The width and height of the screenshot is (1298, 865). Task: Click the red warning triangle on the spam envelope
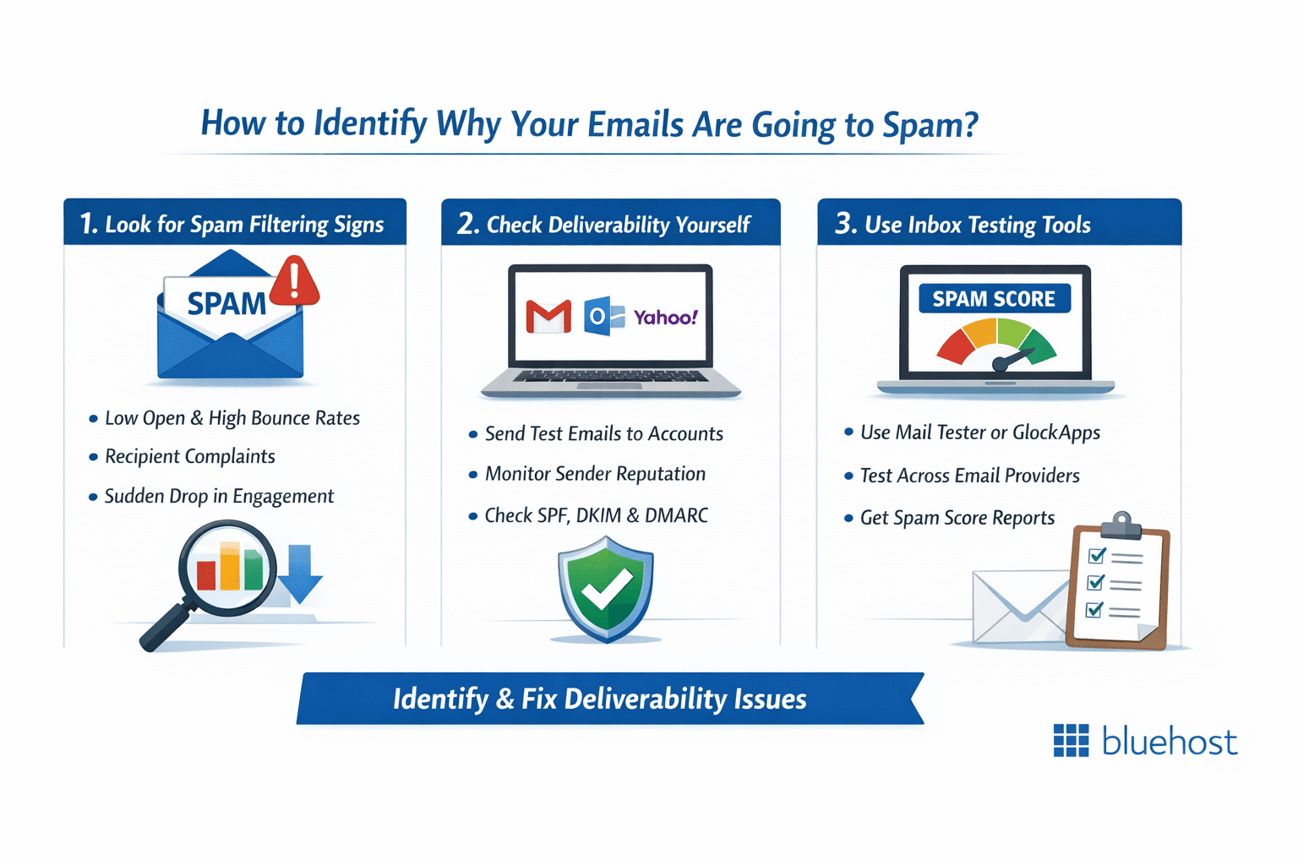(294, 282)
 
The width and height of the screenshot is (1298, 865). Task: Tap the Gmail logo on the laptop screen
(548, 317)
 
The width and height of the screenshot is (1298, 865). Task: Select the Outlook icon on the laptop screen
(603, 317)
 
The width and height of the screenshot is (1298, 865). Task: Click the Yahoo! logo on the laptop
(666, 318)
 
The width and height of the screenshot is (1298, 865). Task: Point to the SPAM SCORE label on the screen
(994, 299)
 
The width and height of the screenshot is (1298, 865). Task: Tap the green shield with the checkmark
(606, 590)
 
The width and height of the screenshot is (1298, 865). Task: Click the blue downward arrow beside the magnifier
(300, 574)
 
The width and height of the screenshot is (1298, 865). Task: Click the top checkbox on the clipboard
(1097, 555)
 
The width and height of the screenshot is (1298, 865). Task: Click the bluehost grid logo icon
(1071, 741)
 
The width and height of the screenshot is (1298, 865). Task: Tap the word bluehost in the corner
(1170, 742)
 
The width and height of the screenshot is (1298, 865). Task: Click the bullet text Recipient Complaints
(190, 457)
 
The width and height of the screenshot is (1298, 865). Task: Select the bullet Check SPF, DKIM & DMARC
(596, 515)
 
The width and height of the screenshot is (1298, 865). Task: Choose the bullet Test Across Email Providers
(969, 476)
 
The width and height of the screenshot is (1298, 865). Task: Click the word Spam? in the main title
(930, 125)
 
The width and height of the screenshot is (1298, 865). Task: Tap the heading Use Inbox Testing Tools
(977, 225)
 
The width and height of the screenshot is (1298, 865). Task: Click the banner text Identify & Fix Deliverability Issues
(599, 699)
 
